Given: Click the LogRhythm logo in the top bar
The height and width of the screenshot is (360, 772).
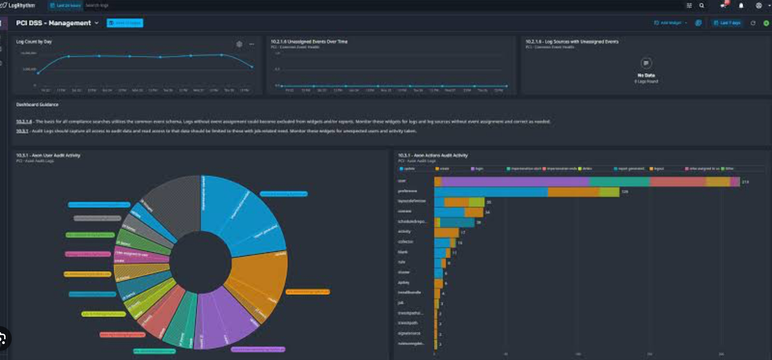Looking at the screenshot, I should (18, 5).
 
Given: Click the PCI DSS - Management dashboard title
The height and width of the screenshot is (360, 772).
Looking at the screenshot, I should (53, 23).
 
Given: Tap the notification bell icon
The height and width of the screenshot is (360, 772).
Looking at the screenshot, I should (741, 6).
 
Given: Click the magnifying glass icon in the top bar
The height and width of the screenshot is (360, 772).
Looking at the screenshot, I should (701, 6).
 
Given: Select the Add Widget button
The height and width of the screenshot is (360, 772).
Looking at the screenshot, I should (670, 23).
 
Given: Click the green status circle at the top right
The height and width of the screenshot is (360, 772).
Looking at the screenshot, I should (766, 23).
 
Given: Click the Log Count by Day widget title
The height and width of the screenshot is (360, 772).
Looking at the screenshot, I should (34, 42).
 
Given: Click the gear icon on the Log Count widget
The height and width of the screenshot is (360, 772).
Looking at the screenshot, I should (239, 44).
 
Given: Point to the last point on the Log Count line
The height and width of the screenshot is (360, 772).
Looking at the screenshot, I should (252, 67).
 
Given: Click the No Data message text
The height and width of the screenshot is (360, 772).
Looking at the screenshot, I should (646, 75).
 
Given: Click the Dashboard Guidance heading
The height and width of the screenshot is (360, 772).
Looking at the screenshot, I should (37, 105).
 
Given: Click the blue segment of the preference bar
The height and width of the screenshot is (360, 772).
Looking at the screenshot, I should (491, 192).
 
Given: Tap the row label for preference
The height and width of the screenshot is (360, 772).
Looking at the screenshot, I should (407, 191).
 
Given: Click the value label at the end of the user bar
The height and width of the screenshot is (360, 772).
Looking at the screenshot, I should (745, 182).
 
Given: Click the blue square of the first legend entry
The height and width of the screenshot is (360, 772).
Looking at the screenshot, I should (401, 169).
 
